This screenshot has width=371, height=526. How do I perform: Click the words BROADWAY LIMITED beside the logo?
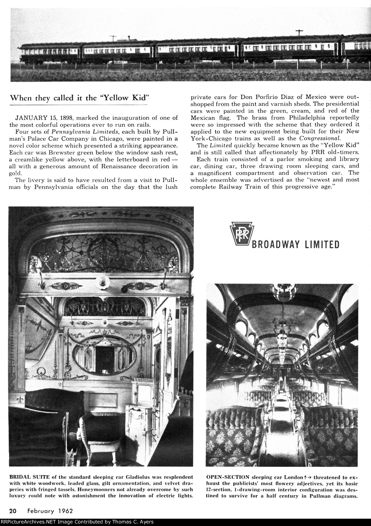[x=295, y=244]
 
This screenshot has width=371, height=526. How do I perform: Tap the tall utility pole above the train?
[x=299, y=34]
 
